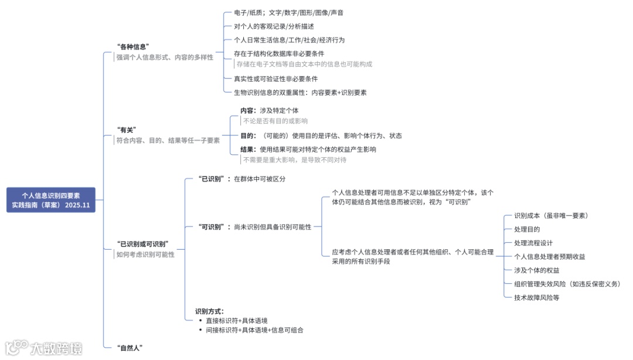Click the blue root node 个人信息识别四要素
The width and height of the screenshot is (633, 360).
click(51, 200)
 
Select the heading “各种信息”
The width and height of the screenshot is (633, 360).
click(134, 46)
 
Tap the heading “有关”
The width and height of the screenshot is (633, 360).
click(127, 130)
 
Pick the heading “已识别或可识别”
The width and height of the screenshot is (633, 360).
click(143, 243)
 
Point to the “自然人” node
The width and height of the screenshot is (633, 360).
click(130, 348)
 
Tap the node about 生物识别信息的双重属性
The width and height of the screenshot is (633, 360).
click(300, 92)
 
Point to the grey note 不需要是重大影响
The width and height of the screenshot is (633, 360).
click(294, 159)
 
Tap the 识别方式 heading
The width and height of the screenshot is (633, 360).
click(209, 311)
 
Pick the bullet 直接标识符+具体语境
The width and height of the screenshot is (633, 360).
click(237, 321)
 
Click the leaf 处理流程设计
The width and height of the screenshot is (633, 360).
click(533, 243)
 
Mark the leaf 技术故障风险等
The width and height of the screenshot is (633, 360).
click(537, 297)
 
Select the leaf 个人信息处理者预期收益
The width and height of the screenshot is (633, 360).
click(549, 256)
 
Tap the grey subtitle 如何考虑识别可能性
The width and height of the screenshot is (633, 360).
click(145, 254)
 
